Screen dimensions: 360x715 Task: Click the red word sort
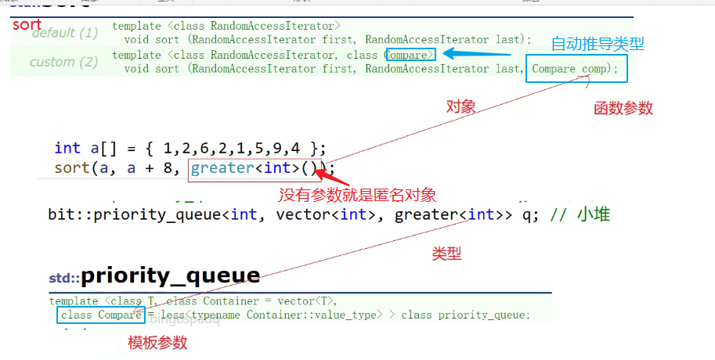[x=27, y=24]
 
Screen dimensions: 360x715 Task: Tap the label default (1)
[x=64, y=33]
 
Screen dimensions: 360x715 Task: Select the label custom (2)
[x=64, y=62]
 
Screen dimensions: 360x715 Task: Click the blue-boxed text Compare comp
[x=576, y=69]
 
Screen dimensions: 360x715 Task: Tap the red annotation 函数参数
[x=623, y=109]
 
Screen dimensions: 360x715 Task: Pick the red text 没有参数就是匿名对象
[x=357, y=194]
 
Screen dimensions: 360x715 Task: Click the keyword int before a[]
[x=67, y=148]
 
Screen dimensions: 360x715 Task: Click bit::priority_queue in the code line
[x=137, y=214]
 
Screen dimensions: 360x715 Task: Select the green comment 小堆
[x=595, y=214]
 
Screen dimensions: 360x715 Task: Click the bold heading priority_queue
[x=170, y=275]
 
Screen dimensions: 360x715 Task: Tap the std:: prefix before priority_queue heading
[x=64, y=278]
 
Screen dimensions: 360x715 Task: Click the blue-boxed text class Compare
[x=101, y=315]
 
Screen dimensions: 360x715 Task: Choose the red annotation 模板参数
[x=157, y=343]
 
